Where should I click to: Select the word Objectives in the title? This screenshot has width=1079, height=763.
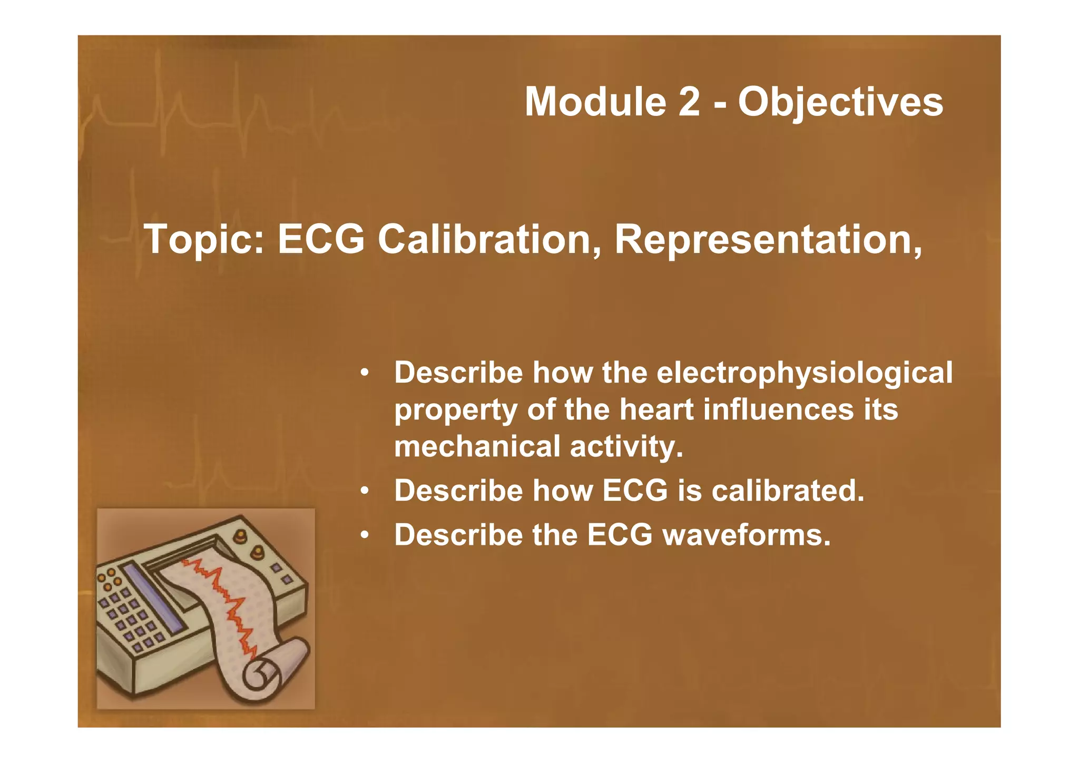(x=840, y=103)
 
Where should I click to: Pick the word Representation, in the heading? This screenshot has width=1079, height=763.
(x=768, y=240)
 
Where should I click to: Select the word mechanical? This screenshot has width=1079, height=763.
(x=477, y=446)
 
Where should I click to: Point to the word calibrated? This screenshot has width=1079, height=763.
(x=788, y=491)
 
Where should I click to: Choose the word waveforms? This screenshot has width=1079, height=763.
(x=746, y=535)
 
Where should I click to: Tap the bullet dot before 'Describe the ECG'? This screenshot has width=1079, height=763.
(x=364, y=536)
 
